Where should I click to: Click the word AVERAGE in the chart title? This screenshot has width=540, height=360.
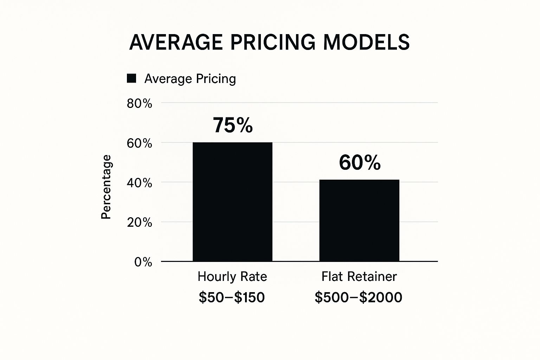point(176,42)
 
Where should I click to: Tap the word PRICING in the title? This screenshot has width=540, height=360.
point(273,42)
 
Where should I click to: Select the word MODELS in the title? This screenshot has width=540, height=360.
point(366,42)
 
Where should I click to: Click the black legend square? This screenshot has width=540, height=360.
point(131,78)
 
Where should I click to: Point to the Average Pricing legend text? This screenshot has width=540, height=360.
point(190,78)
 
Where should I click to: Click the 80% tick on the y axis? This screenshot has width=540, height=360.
point(140,103)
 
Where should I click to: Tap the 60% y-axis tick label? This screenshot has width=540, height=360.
point(140,143)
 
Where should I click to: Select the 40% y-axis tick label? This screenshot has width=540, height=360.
point(140,183)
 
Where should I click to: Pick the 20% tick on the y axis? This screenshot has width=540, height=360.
point(140,222)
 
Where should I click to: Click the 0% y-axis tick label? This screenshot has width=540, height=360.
point(143,262)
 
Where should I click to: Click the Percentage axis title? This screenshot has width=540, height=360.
point(106,187)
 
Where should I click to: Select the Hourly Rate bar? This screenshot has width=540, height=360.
point(232,202)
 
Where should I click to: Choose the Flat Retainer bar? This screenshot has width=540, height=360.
point(359,220)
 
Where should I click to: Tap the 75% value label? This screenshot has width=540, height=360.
point(233,125)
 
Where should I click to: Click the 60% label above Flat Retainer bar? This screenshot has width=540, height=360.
point(360,163)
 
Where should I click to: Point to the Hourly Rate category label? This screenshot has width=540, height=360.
point(232,276)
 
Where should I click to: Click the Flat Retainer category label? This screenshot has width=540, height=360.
point(359,276)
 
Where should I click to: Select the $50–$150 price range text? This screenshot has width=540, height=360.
point(232,297)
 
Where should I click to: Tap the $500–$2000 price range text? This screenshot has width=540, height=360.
point(358,297)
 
